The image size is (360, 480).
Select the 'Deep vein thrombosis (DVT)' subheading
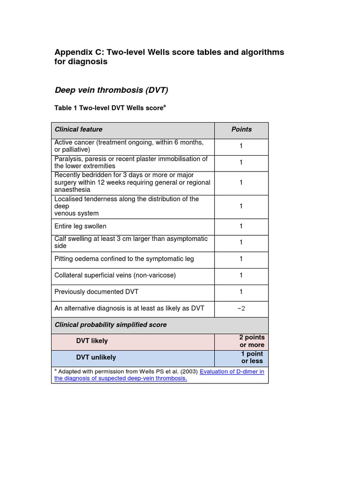[x=111, y=90]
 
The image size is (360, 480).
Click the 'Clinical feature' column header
[x=78, y=129]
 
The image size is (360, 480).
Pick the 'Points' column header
[x=241, y=129]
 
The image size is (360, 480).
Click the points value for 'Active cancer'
[x=241, y=146]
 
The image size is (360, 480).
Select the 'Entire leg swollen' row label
[x=80, y=226]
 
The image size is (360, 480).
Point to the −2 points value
[x=241, y=308]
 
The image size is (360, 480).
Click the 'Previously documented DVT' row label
[x=97, y=292]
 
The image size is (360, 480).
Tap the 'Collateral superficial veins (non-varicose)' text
[x=115, y=275]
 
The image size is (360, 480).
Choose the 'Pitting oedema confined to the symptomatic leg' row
[x=124, y=259]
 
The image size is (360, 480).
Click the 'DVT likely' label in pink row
[x=92, y=341]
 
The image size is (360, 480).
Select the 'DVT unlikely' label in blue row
[x=96, y=357]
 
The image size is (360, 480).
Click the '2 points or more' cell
[x=252, y=341]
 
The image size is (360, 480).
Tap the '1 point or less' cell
[x=252, y=357]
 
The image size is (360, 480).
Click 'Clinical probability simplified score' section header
[x=111, y=324]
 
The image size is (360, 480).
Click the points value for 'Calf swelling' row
[x=241, y=242]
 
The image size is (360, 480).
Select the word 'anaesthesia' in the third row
[x=72, y=190]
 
